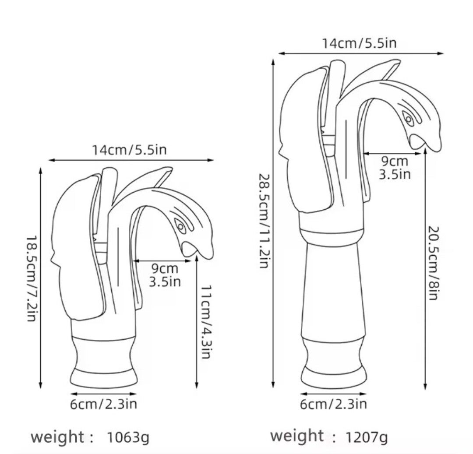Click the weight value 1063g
tap(128, 437)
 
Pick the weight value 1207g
tap(367, 437)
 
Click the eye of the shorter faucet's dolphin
tap(180, 226)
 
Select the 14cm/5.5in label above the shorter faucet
tap(129, 150)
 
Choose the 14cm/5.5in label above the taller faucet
tap(359, 43)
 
